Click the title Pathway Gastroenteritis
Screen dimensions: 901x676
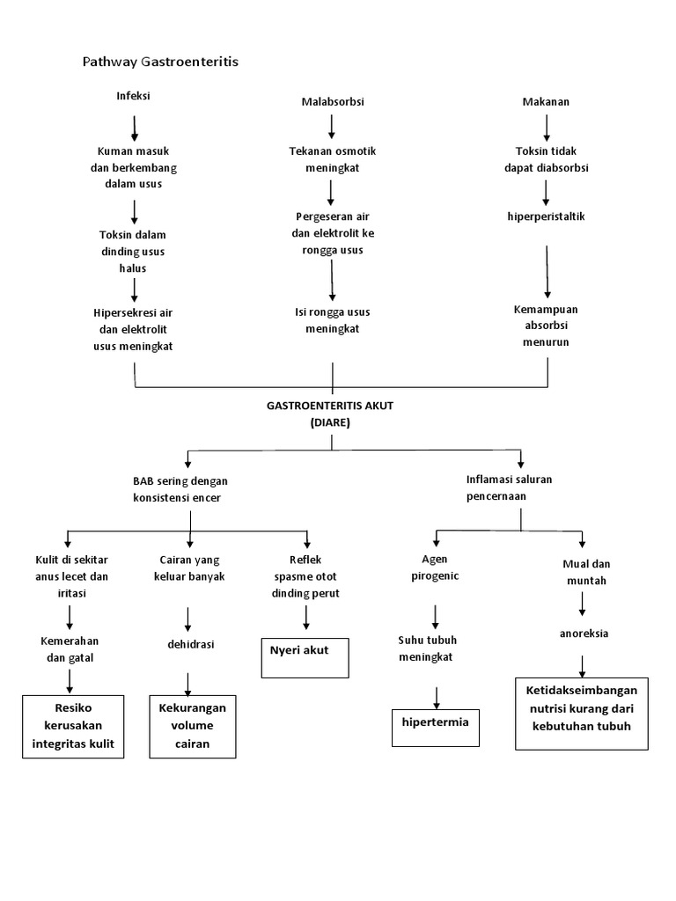tap(160, 62)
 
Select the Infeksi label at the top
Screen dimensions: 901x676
tap(134, 96)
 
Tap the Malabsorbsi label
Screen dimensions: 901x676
tap(332, 102)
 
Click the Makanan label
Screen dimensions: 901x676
tap(546, 102)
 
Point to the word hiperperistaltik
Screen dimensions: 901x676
tap(546, 216)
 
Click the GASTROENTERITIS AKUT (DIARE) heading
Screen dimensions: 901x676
tap(331, 414)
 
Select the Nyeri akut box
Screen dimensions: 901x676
tap(305, 657)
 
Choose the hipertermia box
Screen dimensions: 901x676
tap(435, 727)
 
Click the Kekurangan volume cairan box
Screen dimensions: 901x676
tap(192, 726)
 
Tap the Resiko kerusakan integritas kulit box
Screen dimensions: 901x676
tap(73, 726)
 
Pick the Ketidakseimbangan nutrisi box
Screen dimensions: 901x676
tap(581, 713)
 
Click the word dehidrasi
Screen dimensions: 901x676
tap(191, 644)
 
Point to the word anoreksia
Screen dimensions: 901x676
tap(584, 633)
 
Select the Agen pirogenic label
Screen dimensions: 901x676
tap(435, 567)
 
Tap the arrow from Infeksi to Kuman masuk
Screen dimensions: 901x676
tap(135, 128)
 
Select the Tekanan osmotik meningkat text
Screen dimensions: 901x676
tap(332, 159)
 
